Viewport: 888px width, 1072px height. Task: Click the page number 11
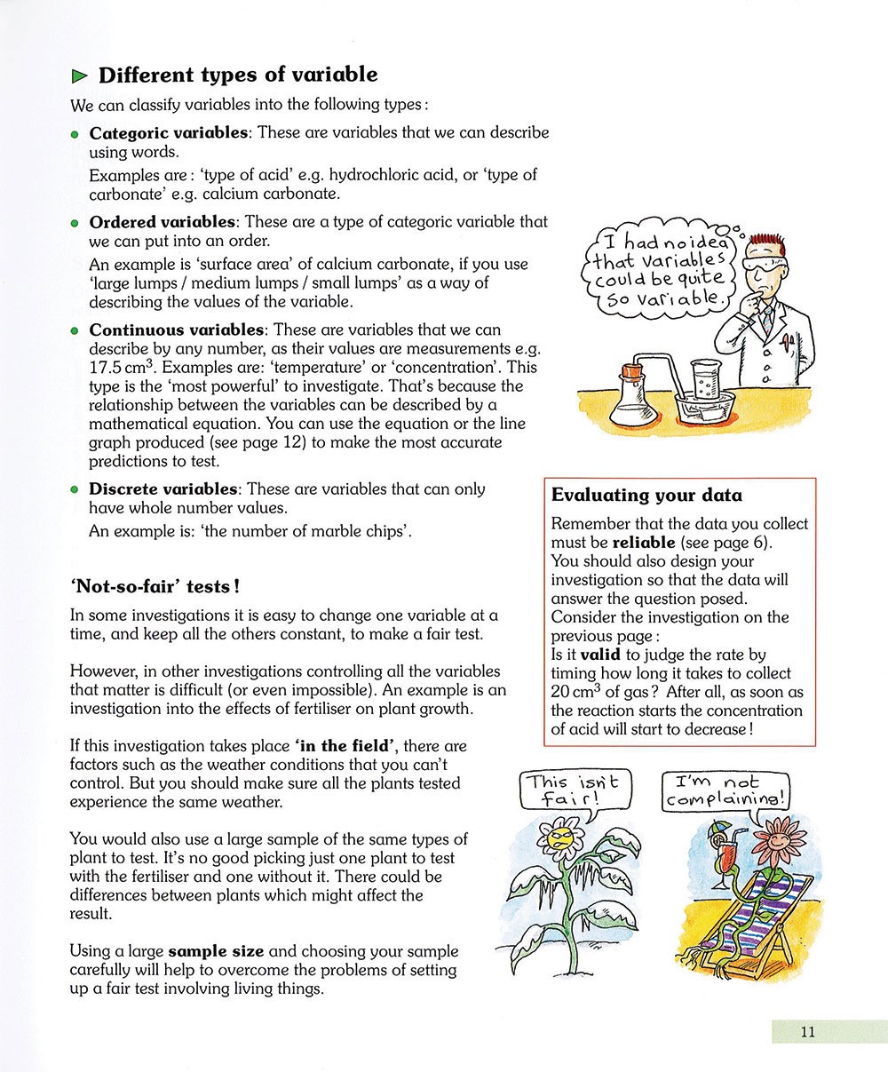[x=806, y=1031]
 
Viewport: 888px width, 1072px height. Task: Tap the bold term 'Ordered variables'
[x=162, y=221]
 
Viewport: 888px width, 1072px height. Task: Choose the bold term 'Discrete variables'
[x=163, y=488]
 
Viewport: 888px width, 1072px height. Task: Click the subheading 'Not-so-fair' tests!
[x=153, y=587]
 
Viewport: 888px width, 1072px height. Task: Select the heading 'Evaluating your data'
[x=646, y=495]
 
